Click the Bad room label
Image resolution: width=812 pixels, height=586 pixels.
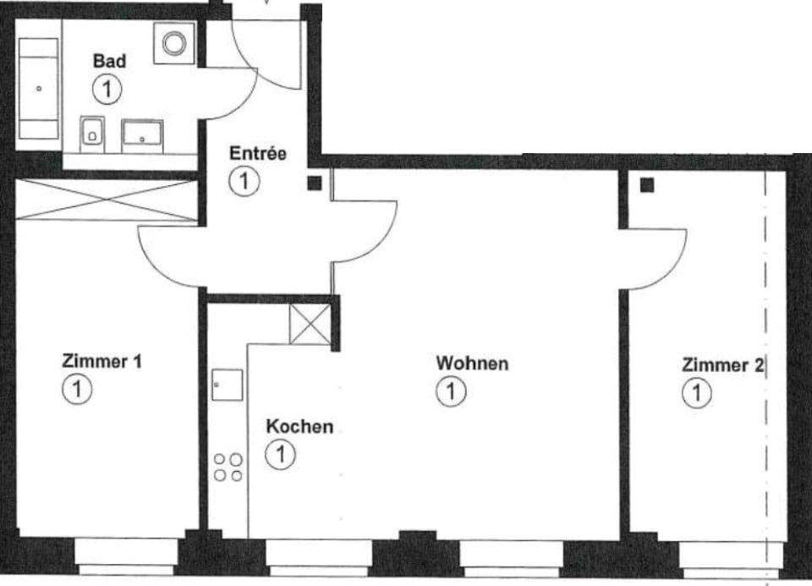click(109, 61)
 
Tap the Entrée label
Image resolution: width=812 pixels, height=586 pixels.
click(258, 154)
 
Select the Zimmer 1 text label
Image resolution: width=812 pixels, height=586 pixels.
click(101, 362)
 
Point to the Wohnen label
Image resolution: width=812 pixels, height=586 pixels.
click(472, 364)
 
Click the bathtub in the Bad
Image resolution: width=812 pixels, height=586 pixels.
click(39, 88)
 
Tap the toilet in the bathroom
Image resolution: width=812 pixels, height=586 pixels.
click(93, 133)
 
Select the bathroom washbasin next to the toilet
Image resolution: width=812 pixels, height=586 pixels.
click(142, 134)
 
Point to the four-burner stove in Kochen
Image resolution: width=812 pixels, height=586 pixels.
click(228, 467)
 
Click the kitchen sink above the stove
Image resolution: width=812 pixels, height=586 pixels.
click(227, 385)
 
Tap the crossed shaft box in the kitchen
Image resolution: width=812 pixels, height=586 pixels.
click(310, 324)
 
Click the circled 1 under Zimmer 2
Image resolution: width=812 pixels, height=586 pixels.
click(697, 392)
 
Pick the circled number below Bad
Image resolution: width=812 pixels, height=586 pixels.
click(108, 87)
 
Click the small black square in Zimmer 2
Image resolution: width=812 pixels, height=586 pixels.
click(647, 186)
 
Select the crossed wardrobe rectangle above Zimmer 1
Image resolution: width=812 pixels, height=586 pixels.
click(105, 200)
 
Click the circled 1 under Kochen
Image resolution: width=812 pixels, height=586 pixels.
click(278, 455)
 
